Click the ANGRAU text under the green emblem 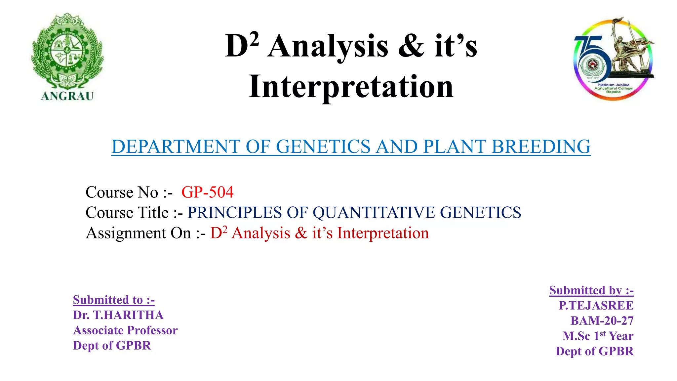(67, 96)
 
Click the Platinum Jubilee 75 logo (613, 60)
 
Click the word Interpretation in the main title (351, 87)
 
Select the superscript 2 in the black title (254, 40)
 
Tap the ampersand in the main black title (411, 46)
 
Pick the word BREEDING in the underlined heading (541, 147)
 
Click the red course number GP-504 (208, 192)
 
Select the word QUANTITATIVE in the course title (374, 212)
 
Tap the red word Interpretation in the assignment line (383, 233)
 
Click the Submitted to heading (114, 300)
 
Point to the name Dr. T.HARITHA (118, 315)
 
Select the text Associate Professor (125, 330)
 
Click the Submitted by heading (591, 290)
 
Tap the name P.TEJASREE (596, 305)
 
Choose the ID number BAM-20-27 (602, 320)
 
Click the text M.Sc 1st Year (598, 336)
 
